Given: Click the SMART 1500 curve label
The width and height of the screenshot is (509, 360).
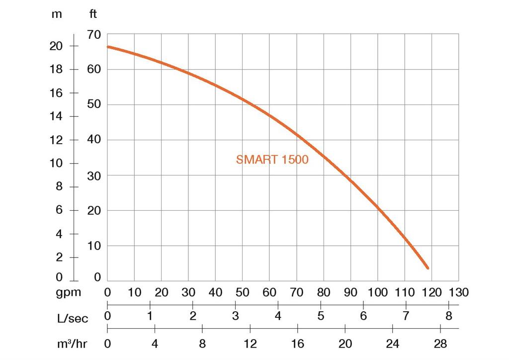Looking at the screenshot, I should click(272, 160).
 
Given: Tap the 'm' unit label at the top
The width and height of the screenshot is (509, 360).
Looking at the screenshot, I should click(57, 14).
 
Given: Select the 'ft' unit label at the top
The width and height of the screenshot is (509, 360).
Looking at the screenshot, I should click(93, 14).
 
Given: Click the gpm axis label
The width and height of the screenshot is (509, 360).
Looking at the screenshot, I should click(68, 292).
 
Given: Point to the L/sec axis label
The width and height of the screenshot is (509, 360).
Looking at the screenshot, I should click(73, 318).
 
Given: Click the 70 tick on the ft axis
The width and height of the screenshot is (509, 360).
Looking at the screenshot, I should click(94, 35).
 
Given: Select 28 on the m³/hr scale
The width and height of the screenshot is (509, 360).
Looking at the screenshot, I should click(440, 344).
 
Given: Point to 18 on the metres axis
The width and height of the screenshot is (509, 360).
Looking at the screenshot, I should click(56, 69).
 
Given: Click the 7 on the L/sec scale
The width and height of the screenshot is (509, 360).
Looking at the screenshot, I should click(406, 316).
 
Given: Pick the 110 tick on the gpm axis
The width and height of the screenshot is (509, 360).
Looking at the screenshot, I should click(404, 292).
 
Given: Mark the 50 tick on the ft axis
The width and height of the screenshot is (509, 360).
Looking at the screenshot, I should click(94, 104).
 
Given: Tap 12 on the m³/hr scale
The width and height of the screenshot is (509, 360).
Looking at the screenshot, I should click(250, 344).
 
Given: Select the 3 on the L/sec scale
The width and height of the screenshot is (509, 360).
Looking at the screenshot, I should click(236, 316).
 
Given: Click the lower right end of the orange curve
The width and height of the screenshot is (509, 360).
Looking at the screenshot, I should click(427, 268).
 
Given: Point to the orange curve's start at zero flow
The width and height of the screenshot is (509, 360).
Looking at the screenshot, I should click(108, 47).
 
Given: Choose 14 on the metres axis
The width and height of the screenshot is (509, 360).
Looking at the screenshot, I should click(56, 116).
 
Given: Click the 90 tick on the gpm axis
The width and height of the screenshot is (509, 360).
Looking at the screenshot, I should click(350, 292).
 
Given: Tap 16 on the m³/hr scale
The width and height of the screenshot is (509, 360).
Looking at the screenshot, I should click(297, 344).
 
